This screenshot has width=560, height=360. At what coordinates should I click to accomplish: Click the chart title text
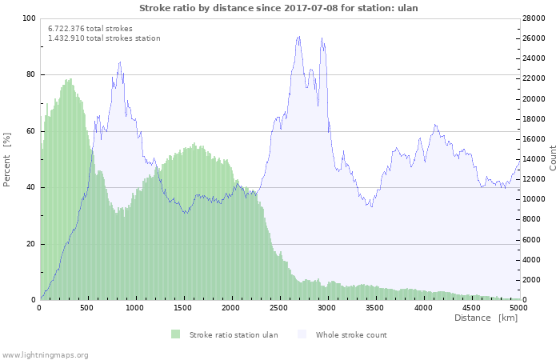[x=278, y=8]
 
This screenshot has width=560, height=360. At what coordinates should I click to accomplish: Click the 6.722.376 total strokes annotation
[x=90, y=28]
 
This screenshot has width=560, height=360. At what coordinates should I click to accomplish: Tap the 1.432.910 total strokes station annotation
[x=104, y=38]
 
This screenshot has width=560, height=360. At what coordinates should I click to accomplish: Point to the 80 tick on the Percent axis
[x=30, y=74]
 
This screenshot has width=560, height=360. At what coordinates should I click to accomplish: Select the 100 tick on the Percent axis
[x=29, y=18]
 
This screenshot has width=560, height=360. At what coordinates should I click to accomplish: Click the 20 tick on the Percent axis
[x=30, y=244]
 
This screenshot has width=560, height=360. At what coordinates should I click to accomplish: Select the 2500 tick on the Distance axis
[x=279, y=307]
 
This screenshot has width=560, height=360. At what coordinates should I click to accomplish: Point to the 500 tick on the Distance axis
[x=87, y=307]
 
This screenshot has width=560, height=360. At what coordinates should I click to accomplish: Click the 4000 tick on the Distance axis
[x=422, y=307]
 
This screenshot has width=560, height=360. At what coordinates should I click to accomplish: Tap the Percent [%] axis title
[x=7, y=159]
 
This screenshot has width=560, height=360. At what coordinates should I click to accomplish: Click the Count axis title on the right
[x=553, y=158]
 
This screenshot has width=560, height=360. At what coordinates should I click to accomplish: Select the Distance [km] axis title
[x=486, y=318]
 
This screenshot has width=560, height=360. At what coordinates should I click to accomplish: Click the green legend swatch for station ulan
[x=175, y=334]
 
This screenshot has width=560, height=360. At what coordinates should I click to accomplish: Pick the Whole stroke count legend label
[x=351, y=334]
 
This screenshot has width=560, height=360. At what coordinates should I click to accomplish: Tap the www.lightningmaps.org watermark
[x=45, y=354]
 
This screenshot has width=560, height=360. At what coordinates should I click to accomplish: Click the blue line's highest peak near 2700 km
[x=298, y=36]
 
